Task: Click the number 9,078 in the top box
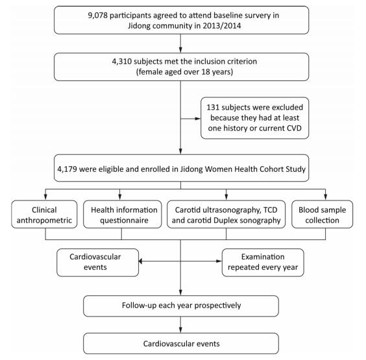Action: (97, 16)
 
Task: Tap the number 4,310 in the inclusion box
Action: (121, 62)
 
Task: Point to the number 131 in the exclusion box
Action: (213, 107)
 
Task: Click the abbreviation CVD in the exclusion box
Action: (293, 128)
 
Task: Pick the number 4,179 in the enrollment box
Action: (67, 169)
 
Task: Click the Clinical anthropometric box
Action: (44, 214)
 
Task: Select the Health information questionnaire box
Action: (123, 214)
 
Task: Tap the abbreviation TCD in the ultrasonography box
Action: (271, 210)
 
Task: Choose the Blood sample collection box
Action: (323, 214)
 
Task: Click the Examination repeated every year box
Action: (263, 263)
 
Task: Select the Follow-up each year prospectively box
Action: (181, 306)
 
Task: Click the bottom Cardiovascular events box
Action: (181, 343)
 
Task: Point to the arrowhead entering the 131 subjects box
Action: (198, 119)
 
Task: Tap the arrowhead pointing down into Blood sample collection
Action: (325, 197)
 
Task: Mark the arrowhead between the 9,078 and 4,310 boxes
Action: (180, 50)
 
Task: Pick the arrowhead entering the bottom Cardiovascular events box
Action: (180, 330)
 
